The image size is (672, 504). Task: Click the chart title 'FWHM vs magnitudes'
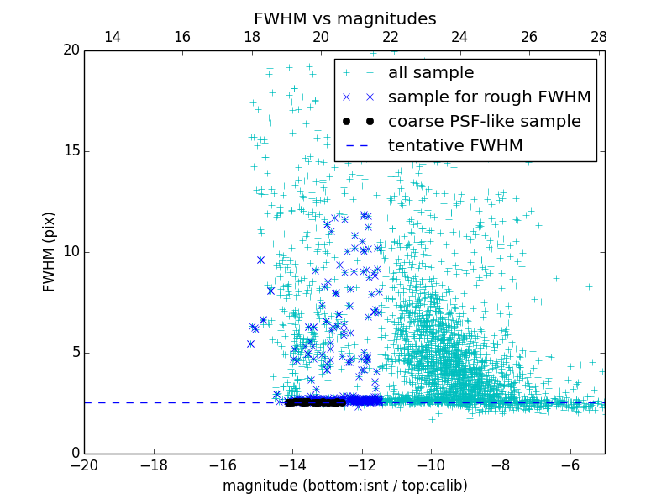click(344, 18)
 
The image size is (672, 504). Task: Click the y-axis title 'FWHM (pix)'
click(50, 251)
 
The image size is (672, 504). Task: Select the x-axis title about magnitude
click(344, 486)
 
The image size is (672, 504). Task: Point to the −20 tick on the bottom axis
click(84, 465)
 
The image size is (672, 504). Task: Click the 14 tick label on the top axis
click(113, 37)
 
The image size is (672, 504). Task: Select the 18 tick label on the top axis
click(251, 37)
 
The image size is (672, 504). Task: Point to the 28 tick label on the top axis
click(598, 37)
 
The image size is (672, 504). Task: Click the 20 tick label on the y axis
click(71, 50)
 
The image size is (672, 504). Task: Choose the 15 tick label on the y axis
click(71, 151)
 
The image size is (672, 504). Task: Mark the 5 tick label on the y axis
click(74, 352)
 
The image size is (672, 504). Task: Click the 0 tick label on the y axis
click(74, 453)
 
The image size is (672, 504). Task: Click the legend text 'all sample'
click(431, 73)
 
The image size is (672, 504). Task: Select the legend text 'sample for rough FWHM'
click(489, 97)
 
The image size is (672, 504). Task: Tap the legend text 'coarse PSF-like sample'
click(484, 122)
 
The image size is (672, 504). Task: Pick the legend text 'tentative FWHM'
click(455, 146)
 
